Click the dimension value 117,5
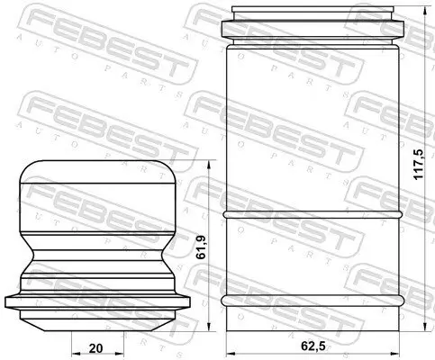(418, 165)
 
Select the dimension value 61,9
(201, 247)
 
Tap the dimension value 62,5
(313, 346)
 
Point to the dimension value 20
(96, 348)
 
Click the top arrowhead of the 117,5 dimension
(425, 11)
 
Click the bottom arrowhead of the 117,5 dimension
(425, 327)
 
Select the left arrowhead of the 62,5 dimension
(231, 354)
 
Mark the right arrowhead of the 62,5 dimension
(394, 354)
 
